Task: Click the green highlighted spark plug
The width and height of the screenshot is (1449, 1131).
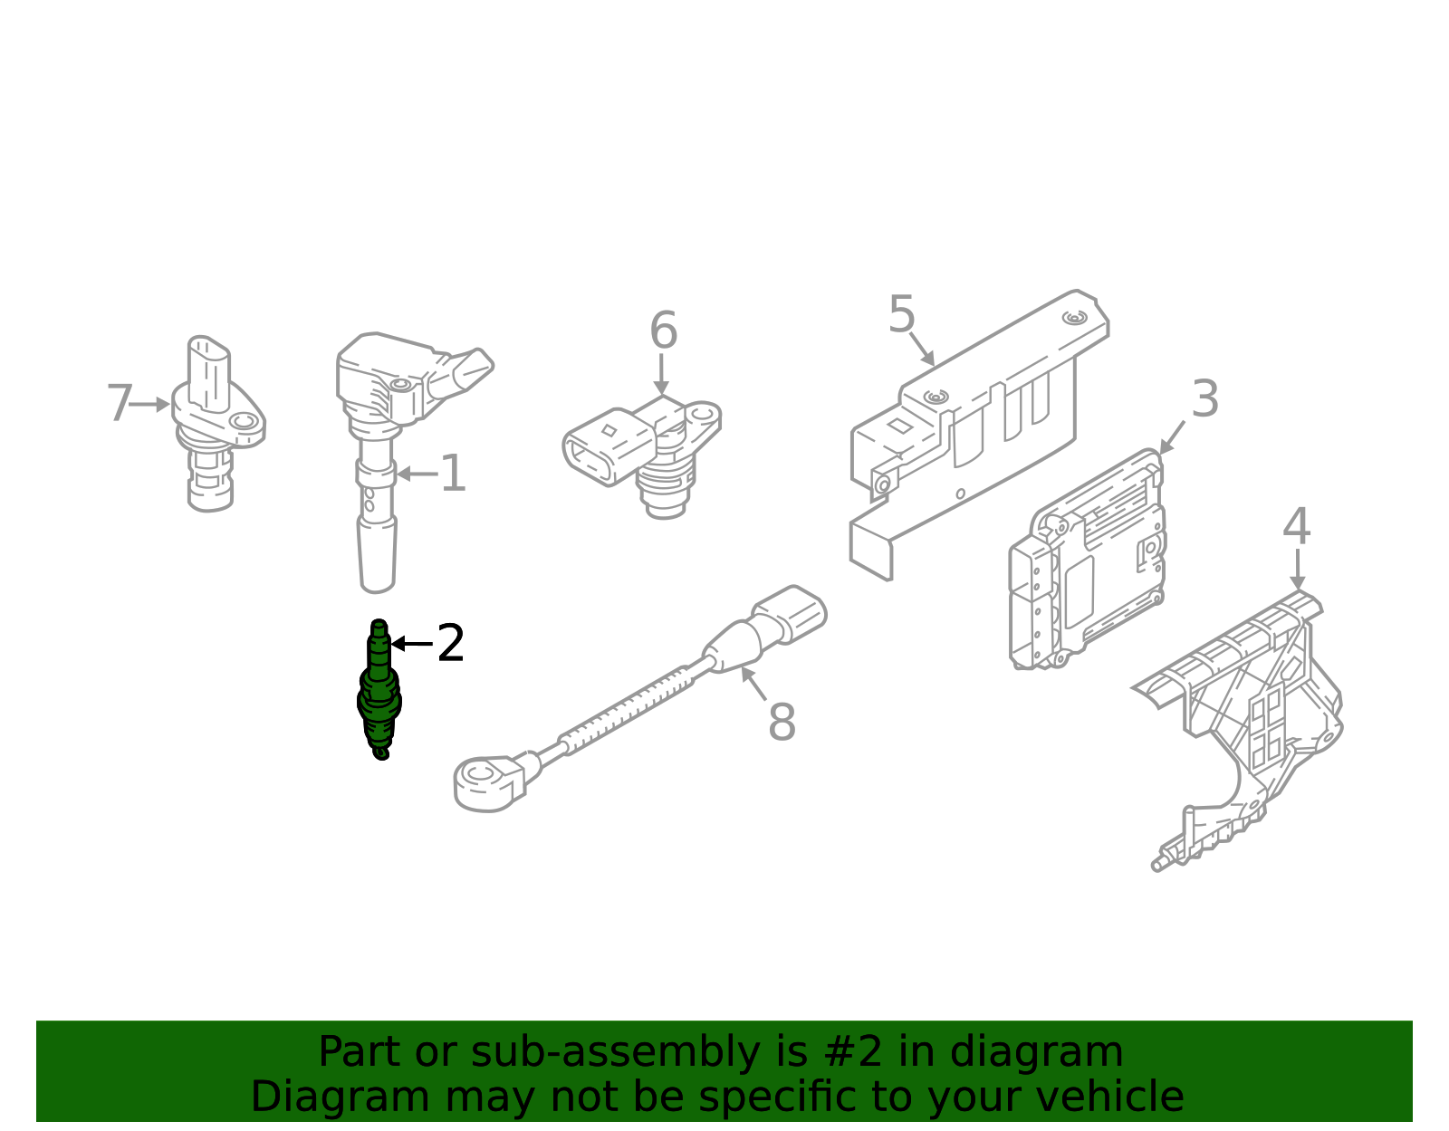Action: (x=379, y=690)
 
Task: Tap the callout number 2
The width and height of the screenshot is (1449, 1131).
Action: (x=451, y=643)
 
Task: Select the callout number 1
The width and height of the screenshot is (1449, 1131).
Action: (x=454, y=474)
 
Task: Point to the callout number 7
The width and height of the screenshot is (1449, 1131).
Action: (x=120, y=402)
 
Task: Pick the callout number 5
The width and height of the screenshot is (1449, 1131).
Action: (x=901, y=314)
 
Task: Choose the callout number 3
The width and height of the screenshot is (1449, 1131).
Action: (x=1205, y=399)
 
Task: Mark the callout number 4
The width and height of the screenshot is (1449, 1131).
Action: (x=1297, y=526)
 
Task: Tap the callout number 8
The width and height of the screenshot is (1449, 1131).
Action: (x=782, y=721)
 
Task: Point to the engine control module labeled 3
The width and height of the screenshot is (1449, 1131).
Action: (x=1087, y=560)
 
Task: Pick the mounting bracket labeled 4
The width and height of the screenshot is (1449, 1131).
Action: (x=1241, y=726)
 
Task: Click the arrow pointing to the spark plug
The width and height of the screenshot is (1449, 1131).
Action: (x=412, y=644)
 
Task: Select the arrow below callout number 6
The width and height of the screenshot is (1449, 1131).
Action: (x=661, y=374)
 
